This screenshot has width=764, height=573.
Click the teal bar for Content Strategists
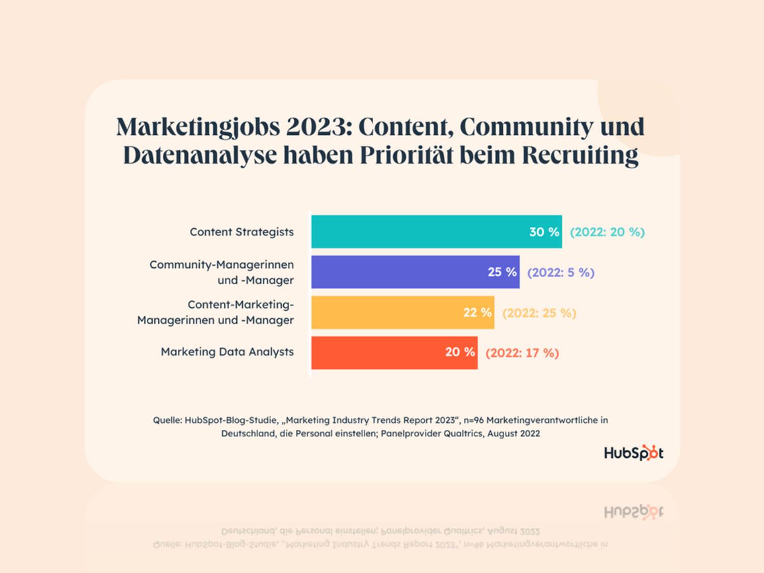(418, 232)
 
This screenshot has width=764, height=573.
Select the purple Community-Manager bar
(397, 272)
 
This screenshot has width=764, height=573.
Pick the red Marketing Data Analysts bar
(377, 352)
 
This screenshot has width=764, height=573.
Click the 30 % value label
(544, 232)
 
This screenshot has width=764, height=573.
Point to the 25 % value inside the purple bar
(502, 272)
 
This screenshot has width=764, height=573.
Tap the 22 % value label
(477, 312)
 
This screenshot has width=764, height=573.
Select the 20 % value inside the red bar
(460, 352)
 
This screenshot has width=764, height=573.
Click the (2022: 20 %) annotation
(607, 232)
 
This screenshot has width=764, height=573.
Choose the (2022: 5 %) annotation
(561, 272)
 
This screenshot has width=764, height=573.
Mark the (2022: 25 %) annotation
(539, 313)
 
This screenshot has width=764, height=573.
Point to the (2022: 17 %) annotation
(522, 353)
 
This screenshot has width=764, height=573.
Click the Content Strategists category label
(241, 232)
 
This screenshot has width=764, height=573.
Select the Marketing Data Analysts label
(227, 352)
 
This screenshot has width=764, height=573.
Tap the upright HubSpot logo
(634, 453)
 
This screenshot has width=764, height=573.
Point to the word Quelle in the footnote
(167, 420)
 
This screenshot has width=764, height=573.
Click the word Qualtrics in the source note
(463, 433)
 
